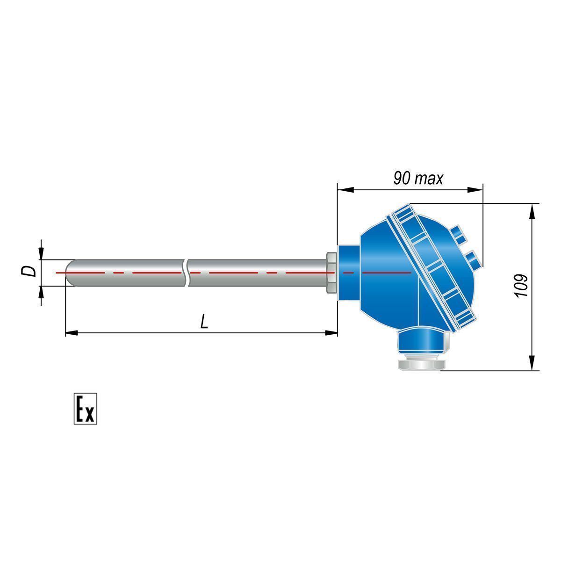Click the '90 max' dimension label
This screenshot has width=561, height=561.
[418, 178]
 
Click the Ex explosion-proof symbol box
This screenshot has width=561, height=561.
[85, 409]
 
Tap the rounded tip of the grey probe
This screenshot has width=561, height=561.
[70, 273]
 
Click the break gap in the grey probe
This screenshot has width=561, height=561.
[187, 273]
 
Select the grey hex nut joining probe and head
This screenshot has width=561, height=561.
[331, 273]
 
